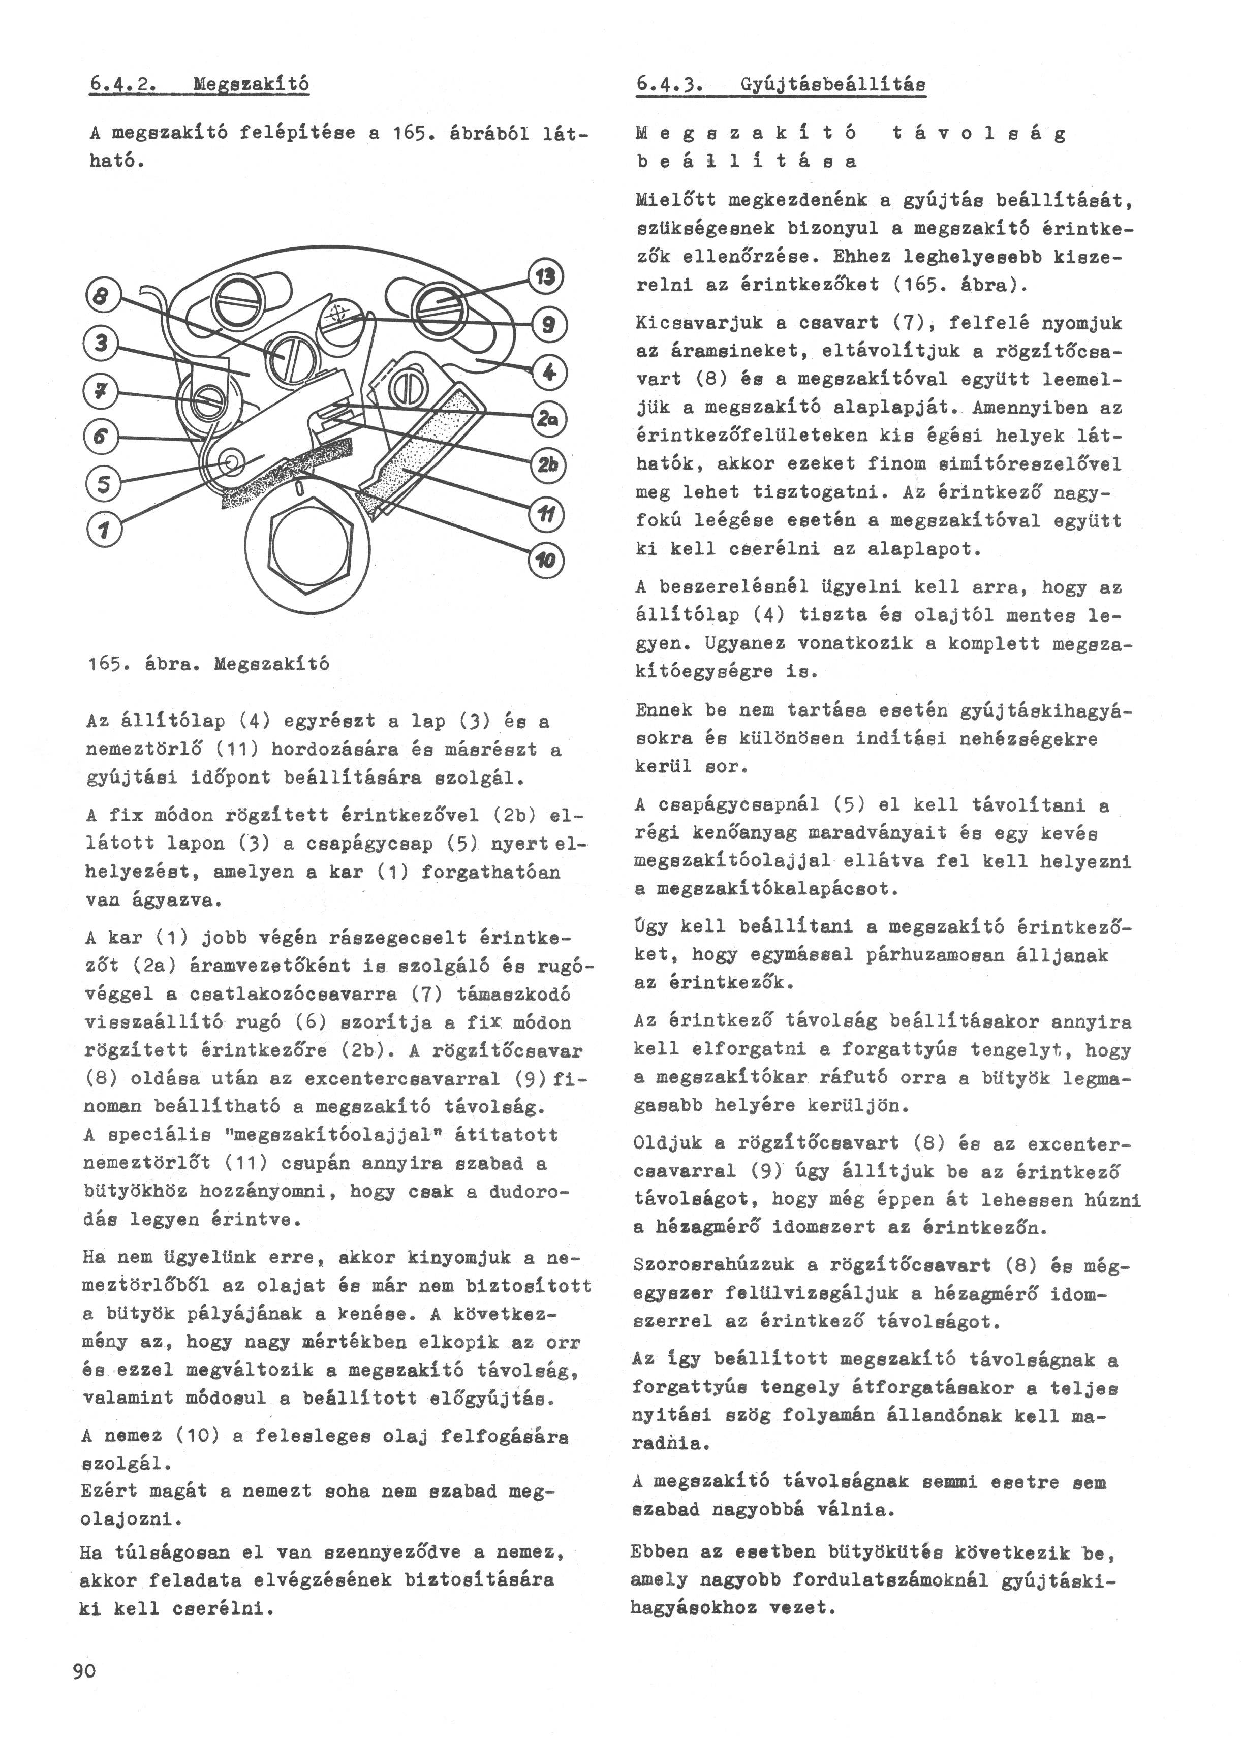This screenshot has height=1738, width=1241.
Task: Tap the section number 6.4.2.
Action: pyautogui.click(x=123, y=83)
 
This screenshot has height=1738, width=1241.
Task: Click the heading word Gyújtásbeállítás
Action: pyautogui.click(x=833, y=84)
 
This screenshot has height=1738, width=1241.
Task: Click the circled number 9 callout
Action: pyautogui.click(x=547, y=325)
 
